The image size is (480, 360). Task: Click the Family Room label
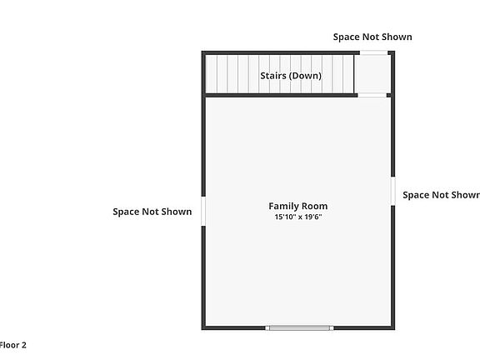pyautogui.click(x=297, y=206)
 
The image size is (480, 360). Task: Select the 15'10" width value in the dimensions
pyautogui.click(x=286, y=217)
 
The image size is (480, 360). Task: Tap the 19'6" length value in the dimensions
pyautogui.click(x=312, y=217)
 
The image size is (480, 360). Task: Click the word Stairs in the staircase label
pyautogui.click(x=274, y=76)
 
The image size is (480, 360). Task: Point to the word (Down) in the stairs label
pyautogui.click(x=306, y=76)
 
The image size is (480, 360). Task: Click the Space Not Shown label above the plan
pyautogui.click(x=372, y=37)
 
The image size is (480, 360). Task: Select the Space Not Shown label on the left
pyautogui.click(x=152, y=212)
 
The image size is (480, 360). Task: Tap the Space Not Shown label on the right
pyautogui.click(x=441, y=195)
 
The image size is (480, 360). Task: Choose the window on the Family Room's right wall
pyautogui.click(x=392, y=190)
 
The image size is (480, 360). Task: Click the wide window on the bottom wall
pyautogui.click(x=299, y=327)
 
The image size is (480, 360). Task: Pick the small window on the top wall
pyautogui.click(x=373, y=52)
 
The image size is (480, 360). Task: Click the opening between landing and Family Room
pyautogui.click(x=373, y=95)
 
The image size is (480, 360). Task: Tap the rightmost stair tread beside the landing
pyautogui.click(x=350, y=73)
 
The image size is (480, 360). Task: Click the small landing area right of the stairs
pyautogui.click(x=373, y=73)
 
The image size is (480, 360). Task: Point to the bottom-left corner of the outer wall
pyautogui.click(x=202, y=327)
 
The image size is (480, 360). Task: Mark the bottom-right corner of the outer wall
pyautogui.click(x=392, y=327)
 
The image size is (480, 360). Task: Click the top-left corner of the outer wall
pyautogui.click(x=202, y=52)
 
